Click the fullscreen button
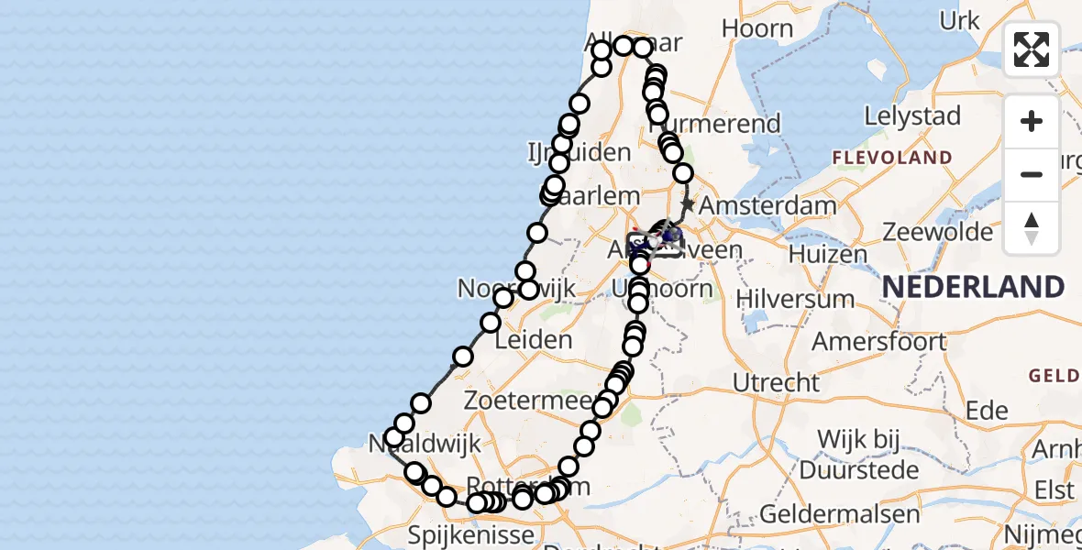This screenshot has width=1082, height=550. coord(1032,49)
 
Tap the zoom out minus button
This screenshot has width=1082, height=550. coord(1032,174)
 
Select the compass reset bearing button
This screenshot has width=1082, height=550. coord(1032,228)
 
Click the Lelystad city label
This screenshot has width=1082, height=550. coord(911,117)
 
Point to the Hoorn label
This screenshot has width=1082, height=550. coord(756,28)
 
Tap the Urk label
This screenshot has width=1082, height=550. coord(959,21)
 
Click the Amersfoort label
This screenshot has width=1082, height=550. coord(878,342)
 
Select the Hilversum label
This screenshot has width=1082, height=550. coord(795,299)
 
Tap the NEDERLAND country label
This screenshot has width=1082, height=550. coord(972,288)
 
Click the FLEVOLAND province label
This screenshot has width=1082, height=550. coord(892,158)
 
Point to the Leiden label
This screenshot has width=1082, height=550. coord(533,340)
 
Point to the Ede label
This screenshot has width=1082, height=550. coord(987,411)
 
